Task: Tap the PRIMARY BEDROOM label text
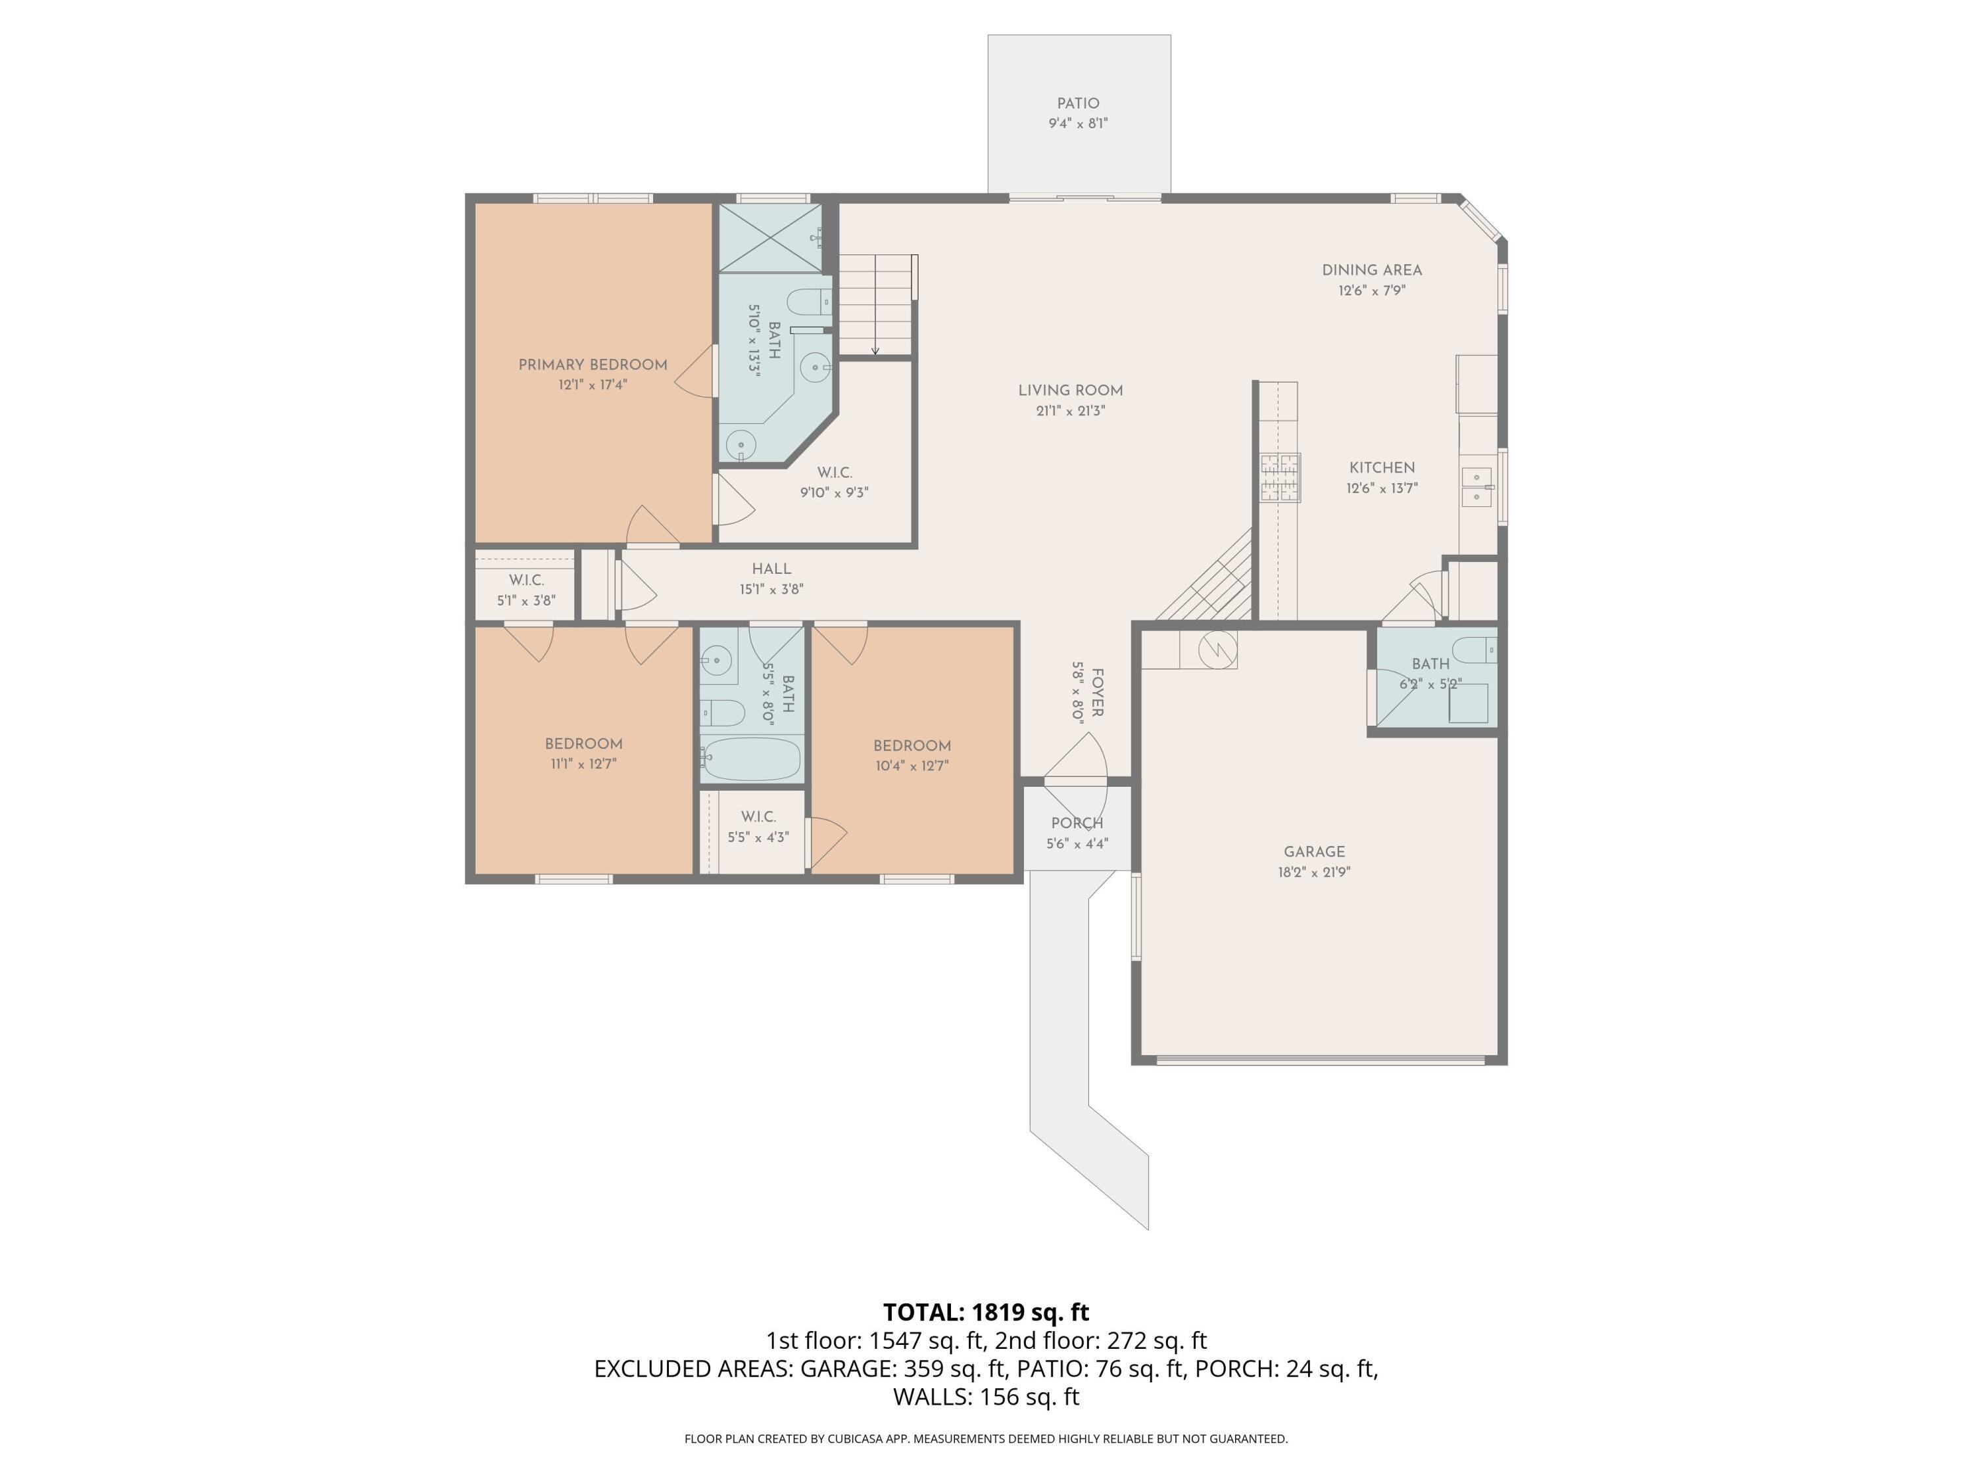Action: pos(593,365)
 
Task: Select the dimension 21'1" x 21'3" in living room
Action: pos(1069,411)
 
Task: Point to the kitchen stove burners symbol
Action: pos(1279,478)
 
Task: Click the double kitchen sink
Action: pos(1476,487)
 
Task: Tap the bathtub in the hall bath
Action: pos(750,759)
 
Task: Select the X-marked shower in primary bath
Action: pos(769,237)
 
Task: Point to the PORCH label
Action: pos(1077,824)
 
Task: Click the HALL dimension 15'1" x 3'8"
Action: pos(771,589)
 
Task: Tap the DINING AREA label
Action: pos(1371,270)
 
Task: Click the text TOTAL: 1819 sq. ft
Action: pos(986,1312)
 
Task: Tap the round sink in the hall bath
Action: pos(716,661)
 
